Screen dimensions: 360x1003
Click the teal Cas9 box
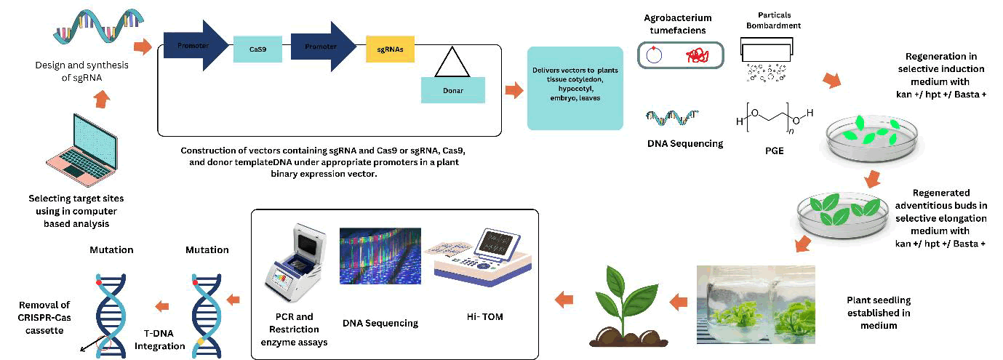click(x=257, y=49)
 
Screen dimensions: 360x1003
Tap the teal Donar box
click(x=452, y=90)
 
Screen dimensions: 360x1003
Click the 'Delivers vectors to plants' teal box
click(x=575, y=87)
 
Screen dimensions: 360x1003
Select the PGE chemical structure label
click(x=770, y=151)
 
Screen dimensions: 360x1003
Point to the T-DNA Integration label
click(x=160, y=340)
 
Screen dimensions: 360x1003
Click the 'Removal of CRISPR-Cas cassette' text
click(x=44, y=317)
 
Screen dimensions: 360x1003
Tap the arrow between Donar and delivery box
click(x=515, y=90)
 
